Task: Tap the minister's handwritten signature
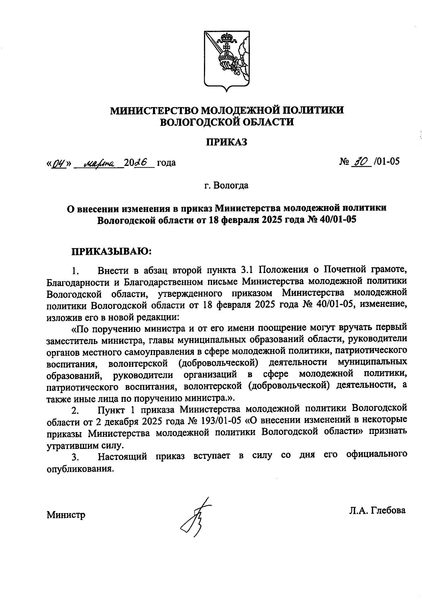tap(194, 518)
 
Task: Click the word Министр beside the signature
tap(66, 515)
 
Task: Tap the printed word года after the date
tap(166, 163)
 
